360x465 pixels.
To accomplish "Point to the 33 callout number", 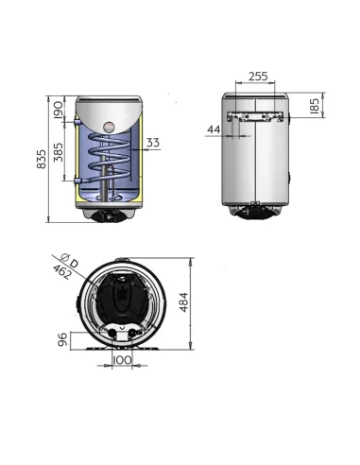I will coord(153,144).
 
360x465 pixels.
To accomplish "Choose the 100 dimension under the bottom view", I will coord(122,361).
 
